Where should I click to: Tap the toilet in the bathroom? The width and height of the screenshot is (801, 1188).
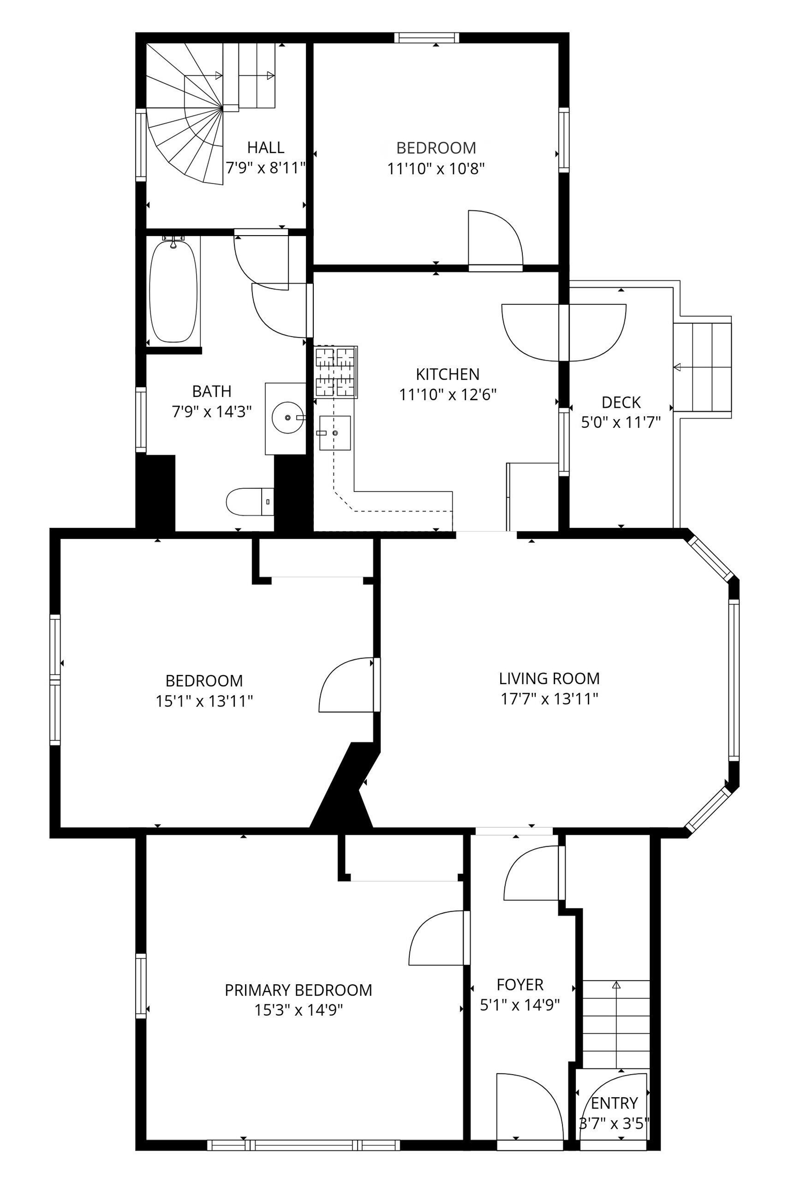click(250, 502)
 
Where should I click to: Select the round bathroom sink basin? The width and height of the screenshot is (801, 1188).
click(287, 418)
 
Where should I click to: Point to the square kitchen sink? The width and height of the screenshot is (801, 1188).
click(334, 433)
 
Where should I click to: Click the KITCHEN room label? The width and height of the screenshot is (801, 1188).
click(447, 374)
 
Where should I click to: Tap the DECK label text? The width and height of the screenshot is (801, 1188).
click(621, 402)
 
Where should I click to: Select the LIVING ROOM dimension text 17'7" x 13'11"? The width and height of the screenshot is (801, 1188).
click(549, 699)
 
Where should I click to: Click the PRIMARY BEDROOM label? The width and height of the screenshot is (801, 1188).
click(298, 990)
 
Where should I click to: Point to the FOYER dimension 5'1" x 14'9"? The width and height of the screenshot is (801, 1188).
click(520, 1005)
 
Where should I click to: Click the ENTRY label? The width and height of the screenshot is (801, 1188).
click(614, 1103)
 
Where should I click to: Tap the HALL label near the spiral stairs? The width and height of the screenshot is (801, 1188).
click(265, 147)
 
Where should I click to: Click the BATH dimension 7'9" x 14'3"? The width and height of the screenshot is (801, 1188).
click(212, 411)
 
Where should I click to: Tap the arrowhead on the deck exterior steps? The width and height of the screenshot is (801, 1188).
click(677, 367)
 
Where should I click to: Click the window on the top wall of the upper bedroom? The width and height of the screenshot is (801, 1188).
click(426, 37)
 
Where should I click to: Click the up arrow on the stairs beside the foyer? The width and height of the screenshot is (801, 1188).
click(616, 985)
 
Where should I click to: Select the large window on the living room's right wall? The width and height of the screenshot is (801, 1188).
click(734, 679)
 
